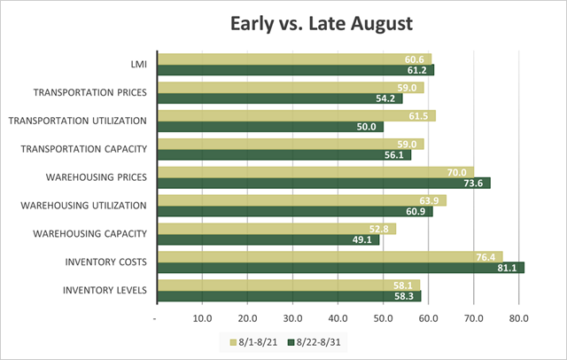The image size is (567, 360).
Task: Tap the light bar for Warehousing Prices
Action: pos(315,172)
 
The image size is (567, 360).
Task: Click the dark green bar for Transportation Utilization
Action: pos(269,127)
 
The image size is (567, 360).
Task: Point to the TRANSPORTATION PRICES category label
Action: pos(90,92)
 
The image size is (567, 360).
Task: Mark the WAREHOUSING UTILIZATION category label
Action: pos(87,205)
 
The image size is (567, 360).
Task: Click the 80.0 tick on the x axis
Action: pos(518,317)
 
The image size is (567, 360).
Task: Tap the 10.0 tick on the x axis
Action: pos(201,317)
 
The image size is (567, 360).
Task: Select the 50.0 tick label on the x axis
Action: pos(383,317)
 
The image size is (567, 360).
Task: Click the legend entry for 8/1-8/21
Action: pos(252,340)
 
